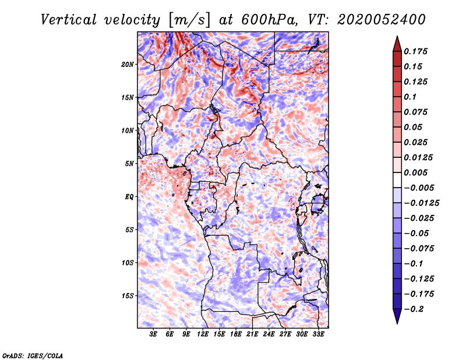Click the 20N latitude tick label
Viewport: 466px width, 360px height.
128,64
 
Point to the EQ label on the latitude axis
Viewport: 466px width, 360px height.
129,197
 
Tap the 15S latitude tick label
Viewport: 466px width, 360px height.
128,296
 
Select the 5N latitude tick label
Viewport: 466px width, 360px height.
129,164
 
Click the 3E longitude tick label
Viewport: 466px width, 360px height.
154,335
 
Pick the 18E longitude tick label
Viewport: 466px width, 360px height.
236,335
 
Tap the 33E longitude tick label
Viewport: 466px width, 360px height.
318,335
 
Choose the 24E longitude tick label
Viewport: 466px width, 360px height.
269,335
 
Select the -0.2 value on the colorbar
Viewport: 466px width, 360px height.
415,309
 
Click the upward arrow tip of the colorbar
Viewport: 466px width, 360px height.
397,38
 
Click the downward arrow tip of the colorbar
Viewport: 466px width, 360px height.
397,322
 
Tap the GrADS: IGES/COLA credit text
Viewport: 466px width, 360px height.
32,355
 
